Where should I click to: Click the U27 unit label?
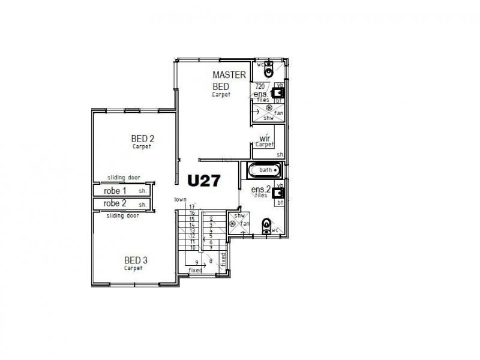(205, 181)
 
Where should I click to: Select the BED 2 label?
(143, 139)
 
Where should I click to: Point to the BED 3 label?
(136, 260)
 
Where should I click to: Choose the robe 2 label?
(115, 203)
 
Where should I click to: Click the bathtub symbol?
(264, 170)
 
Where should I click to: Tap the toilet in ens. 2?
(267, 226)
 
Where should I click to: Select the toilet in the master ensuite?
(268, 70)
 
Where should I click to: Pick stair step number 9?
(196, 263)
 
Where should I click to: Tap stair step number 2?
(211, 218)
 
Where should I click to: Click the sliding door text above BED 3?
(123, 215)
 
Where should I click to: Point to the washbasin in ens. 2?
(278, 193)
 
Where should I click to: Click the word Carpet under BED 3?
(134, 268)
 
